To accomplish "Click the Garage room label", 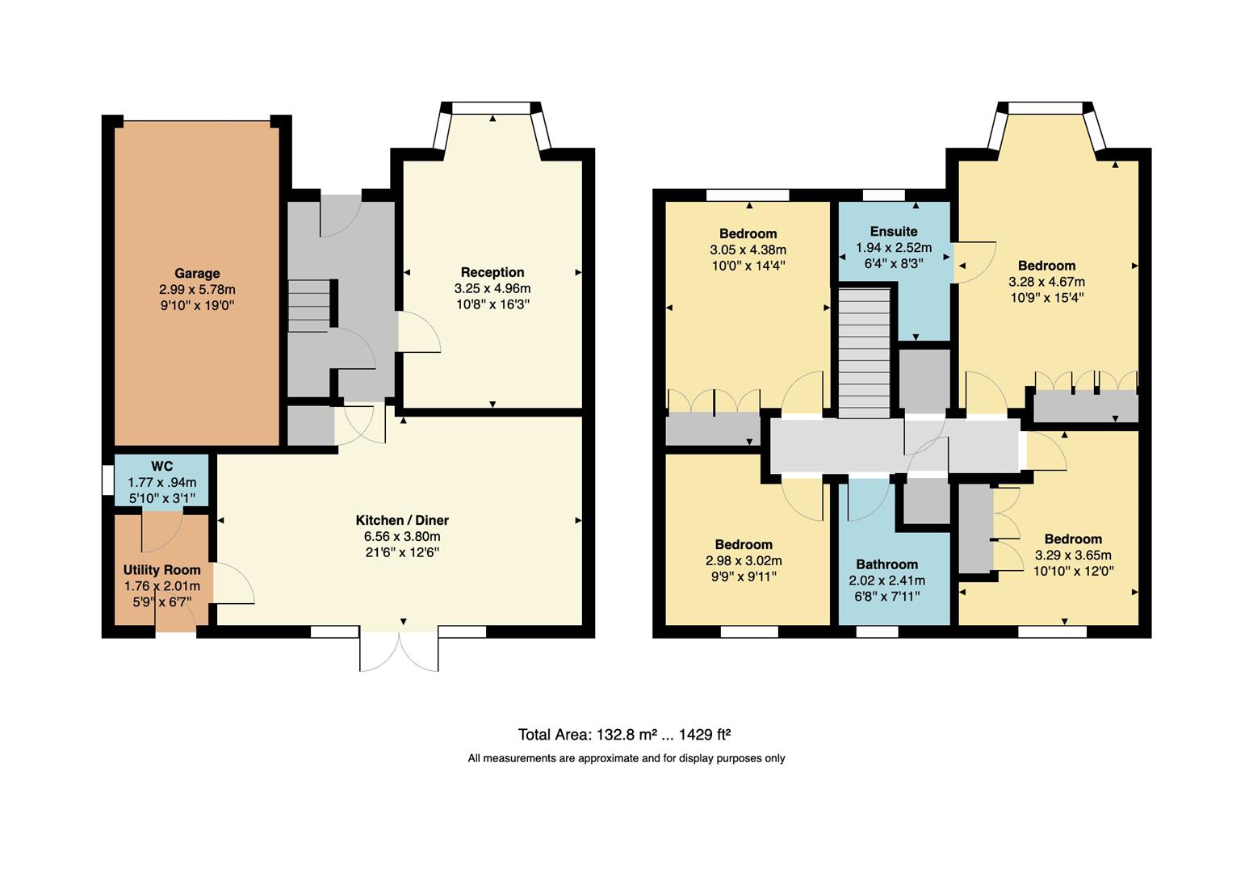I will (x=197, y=274).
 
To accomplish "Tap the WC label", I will (x=161, y=467).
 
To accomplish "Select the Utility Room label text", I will (x=161, y=570).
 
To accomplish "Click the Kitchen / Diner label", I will (x=402, y=521).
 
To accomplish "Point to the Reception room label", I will (x=492, y=273).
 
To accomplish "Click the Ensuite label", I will (x=893, y=232).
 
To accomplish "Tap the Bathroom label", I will (x=886, y=564).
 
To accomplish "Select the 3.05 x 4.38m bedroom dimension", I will (x=748, y=250).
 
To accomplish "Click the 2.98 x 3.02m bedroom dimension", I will (x=743, y=561).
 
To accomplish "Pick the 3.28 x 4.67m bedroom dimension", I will (x=1046, y=282).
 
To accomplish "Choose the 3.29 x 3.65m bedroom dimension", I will (x=1072, y=555).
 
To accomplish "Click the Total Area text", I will (x=624, y=735).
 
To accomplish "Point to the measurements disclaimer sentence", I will (x=626, y=758).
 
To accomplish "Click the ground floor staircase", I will (x=309, y=305).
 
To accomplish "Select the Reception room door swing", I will (x=417, y=333).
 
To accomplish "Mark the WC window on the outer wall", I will (x=107, y=480).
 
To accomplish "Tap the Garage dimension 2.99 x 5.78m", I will (x=197, y=290).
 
